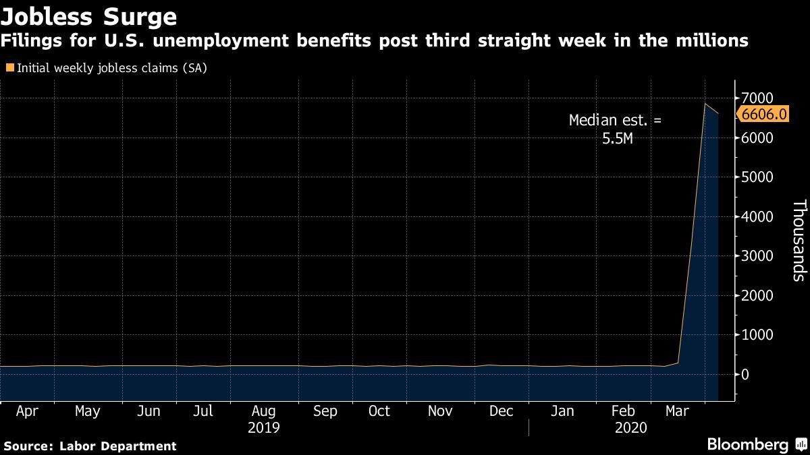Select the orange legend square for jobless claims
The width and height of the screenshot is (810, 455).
9,67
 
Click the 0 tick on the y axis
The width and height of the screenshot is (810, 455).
745,374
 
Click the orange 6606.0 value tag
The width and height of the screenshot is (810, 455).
763,114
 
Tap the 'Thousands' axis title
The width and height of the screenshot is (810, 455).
799,239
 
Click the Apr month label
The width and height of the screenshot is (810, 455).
27,411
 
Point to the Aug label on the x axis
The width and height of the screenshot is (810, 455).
263,411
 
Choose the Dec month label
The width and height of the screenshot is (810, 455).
501,411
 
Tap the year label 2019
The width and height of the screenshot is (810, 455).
263,428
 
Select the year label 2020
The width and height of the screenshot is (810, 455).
631,428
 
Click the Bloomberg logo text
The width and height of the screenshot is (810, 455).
747,445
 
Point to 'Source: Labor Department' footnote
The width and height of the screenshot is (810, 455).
90,446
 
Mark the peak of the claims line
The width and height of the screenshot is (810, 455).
705,104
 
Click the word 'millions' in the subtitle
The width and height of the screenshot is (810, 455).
711,41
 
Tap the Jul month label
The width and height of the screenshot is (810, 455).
202,411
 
